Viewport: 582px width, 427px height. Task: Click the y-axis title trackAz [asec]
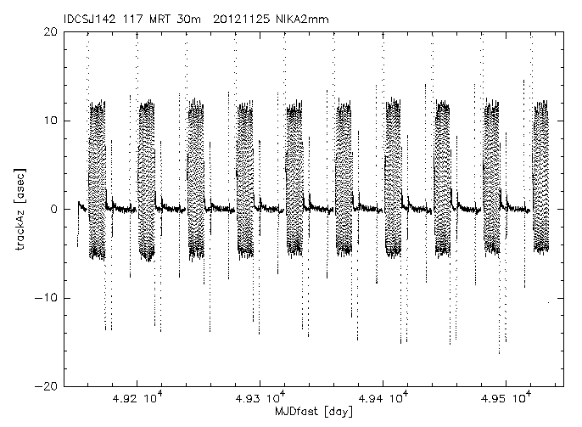tap(20, 209)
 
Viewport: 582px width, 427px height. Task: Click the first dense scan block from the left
tap(97, 178)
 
